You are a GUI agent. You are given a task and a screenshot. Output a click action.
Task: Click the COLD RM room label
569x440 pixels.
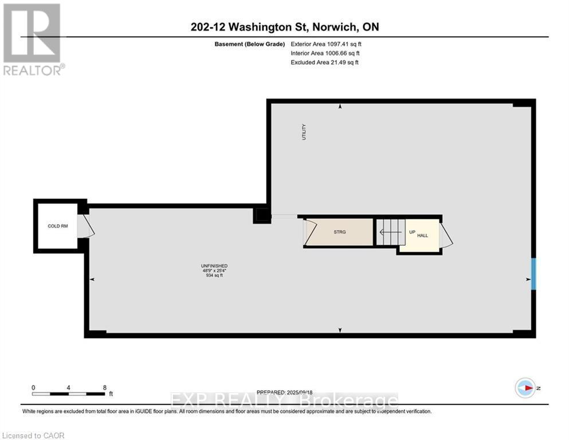58,226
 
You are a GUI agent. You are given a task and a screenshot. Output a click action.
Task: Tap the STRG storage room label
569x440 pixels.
340,232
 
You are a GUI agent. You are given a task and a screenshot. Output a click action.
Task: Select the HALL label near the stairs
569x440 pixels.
422,235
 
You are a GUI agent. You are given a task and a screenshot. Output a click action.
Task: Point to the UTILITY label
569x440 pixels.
304,132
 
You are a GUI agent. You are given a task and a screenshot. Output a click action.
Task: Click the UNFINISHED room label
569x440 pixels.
214,266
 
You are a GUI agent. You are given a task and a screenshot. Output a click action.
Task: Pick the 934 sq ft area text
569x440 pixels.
214,276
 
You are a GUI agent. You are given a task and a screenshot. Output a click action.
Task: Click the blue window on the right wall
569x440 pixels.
533,274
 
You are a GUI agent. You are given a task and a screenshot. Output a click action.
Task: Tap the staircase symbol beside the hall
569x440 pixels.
390,232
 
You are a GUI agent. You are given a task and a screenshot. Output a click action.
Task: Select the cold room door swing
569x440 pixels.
85,226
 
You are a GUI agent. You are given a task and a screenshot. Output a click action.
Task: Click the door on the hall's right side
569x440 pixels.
446,234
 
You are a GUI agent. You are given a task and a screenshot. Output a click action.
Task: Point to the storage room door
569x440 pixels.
309,232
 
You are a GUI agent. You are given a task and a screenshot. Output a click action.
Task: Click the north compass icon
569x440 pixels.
525,388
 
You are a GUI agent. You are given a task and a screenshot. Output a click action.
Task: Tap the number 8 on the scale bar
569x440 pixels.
104,387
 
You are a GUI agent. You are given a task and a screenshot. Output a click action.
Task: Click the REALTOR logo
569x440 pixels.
33,39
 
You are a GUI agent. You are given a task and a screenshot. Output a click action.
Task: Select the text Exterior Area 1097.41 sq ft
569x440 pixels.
326,44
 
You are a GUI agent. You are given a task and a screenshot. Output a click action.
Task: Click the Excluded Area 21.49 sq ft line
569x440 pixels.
324,62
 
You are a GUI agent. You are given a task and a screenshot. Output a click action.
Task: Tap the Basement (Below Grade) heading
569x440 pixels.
250,44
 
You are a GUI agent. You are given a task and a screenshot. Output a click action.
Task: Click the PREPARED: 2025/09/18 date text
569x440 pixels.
284,392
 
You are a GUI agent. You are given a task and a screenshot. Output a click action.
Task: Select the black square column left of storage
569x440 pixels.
262,215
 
